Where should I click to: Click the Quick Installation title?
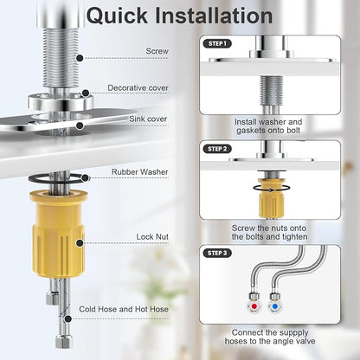[179, 16]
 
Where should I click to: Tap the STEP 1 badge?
[217, 44]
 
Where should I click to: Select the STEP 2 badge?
[217, 149]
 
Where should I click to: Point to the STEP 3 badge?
[217, 253]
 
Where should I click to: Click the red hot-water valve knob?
[254, 306]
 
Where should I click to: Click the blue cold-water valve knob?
[275, 306]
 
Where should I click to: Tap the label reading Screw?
[157, 51]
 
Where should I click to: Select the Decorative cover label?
[138, 87]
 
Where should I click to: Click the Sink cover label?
[148, 119]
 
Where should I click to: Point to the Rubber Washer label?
[140, 172]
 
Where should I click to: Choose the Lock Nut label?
[152, 237]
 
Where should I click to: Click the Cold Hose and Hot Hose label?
[124, 309]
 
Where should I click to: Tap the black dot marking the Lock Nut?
[80, 243]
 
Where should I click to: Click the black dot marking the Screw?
[80, 58]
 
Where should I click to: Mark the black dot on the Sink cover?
[80, 125]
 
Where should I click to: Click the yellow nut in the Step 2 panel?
[272, 198]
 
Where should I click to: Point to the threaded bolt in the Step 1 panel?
[271, 90]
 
